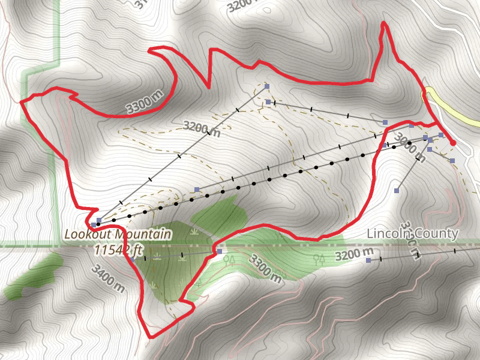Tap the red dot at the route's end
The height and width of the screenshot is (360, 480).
coord(452,143)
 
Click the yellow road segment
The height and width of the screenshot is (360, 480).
coord(450,108)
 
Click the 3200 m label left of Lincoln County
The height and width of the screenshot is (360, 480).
coord(354,256)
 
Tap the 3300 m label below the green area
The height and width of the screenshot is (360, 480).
coord(264,269)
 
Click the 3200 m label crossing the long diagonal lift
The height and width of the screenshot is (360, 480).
coord(200,129)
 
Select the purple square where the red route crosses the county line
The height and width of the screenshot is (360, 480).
coord(220,251)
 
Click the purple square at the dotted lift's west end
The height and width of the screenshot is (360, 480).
coord(99,220)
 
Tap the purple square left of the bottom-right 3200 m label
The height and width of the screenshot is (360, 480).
coord(368,260)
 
